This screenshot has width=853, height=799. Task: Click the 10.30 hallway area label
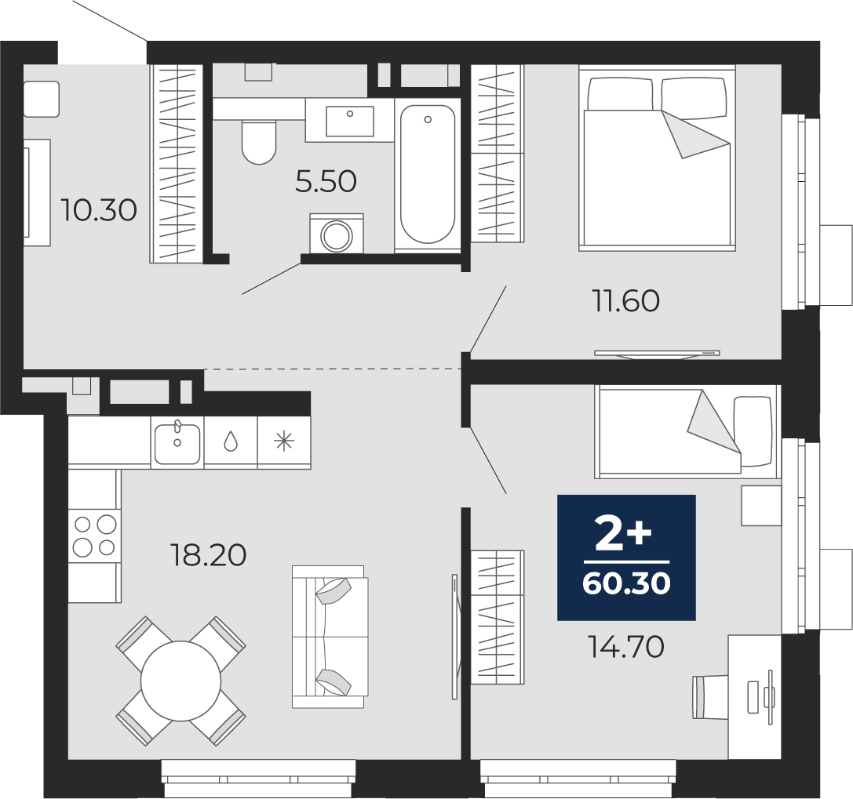98,210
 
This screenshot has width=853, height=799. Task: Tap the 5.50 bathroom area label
326,181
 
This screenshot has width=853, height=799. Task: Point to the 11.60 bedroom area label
625,300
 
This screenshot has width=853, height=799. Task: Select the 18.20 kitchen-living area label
209,555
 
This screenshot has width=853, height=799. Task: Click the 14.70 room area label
626,647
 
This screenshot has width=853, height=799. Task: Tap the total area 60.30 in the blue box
626,583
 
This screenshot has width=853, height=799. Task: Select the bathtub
428,174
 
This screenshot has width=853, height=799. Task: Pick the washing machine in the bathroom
337,234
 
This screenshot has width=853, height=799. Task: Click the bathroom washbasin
350,121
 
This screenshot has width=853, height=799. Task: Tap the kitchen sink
177,444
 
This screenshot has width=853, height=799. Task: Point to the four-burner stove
95,536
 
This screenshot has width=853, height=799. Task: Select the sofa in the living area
330,637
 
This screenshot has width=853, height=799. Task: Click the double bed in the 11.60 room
657,158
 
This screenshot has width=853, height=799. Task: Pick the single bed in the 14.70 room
687,431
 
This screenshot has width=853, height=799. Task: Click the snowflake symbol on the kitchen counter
284,441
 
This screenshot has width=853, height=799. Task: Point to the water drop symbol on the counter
231,441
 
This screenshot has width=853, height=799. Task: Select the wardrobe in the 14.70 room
498,617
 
